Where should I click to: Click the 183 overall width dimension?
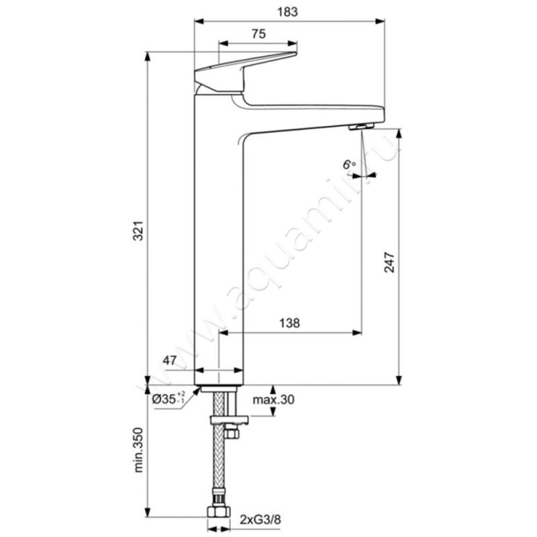pos(287,12)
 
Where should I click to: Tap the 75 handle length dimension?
pos(258,34)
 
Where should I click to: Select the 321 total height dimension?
pos(138,230)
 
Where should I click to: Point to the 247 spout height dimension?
pos(389,262)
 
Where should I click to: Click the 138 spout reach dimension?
pos(289,323)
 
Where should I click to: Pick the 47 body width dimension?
pos(170,360)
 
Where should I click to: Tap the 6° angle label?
pos(349,164)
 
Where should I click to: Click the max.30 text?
pos(273,399)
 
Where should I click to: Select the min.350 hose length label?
pos(138,450)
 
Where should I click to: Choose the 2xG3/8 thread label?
pos(260,520)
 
